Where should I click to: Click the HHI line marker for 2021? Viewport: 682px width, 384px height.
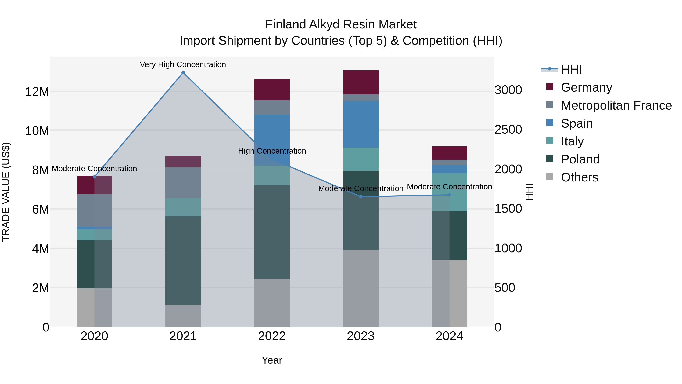(183, 73)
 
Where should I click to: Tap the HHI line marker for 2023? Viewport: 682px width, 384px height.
(361, 197)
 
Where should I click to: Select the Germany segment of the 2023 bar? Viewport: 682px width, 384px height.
(361, 82)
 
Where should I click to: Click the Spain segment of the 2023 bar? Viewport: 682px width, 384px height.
(361, 124)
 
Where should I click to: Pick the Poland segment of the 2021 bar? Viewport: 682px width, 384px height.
(183, 261)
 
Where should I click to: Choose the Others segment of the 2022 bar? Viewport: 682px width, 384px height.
(272, 303)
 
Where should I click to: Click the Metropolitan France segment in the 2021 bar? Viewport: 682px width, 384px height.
(183, 183)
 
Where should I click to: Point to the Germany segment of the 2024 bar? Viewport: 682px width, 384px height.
(449, 153)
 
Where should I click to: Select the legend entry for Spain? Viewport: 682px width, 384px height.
(577, 123)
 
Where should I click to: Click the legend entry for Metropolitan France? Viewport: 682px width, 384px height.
(616, 105)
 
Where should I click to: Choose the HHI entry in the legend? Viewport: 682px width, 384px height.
(571, 69)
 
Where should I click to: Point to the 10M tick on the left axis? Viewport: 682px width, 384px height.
(37, 131)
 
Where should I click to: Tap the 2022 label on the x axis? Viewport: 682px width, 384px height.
(272, 336)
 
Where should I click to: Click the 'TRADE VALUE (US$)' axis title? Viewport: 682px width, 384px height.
(6, 192)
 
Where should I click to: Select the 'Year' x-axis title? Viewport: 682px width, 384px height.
(272, 360)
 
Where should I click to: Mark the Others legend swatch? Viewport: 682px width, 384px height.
(550, 177)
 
